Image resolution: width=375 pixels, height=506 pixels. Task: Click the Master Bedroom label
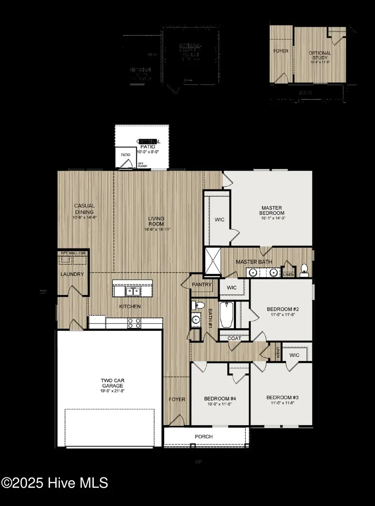(272, 210)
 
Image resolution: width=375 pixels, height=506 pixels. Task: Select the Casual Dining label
(85, 208)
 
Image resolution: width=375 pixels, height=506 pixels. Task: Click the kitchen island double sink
(133, 291)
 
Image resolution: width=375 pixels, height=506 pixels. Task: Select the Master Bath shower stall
(212, 261)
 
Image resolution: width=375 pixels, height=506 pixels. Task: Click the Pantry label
(202, 285)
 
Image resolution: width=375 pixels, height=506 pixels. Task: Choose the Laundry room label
(72, 274)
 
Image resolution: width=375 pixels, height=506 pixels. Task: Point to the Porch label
(204, 437)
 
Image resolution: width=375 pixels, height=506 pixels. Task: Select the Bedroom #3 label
(282, 397)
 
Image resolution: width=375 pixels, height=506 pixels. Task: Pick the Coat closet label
(234, 338)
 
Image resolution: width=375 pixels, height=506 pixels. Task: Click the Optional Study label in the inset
(320, 55)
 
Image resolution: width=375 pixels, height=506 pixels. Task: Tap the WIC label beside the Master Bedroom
(220, 219)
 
